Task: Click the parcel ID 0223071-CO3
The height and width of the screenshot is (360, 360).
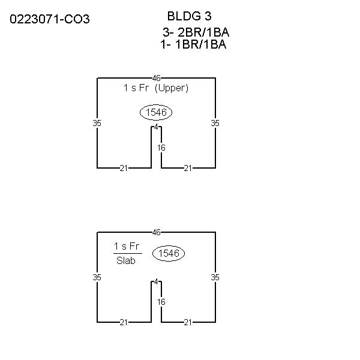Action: tap(50, 19)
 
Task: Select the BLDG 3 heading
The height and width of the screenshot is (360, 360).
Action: tap(189, 16)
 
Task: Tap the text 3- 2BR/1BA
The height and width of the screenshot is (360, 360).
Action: tap(196, 32)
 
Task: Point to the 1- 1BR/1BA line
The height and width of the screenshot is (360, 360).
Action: tap(193, 44)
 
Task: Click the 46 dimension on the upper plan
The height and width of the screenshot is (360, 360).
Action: tap(157, 78)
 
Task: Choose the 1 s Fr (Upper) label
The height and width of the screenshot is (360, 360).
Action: tap(155, 88)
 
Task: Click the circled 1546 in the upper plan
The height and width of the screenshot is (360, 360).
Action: tap(156, 113)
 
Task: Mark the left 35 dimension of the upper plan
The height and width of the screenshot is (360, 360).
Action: tap(97, 123)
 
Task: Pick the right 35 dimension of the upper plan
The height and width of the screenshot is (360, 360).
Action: tap(215, 123)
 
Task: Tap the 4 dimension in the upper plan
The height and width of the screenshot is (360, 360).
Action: tap(157, 127)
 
